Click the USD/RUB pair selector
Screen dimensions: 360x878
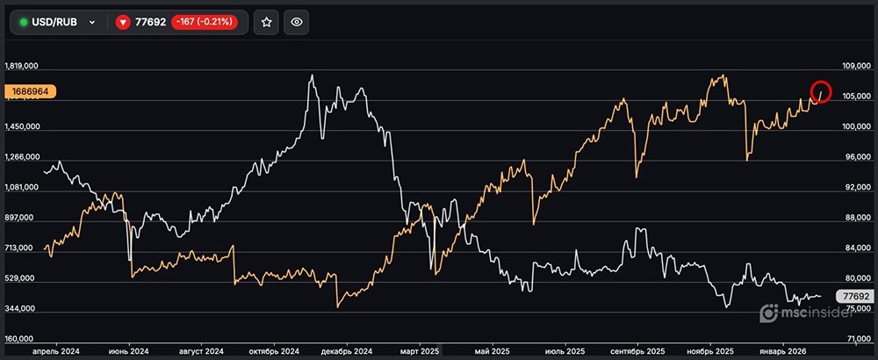(x=58, y=22)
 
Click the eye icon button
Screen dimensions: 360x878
(x=297, y=22)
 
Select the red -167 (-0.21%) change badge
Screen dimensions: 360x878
(x=203, y=22)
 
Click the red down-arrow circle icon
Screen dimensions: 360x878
(x=123, y=22)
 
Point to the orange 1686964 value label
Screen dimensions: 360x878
(x=30, y=90)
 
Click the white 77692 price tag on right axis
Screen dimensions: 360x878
(x=853, y=297)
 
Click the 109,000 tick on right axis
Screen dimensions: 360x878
(x=853, y=66)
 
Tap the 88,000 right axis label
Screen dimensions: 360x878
(x=853, y=218)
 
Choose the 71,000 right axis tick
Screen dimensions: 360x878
(x=853, y=339)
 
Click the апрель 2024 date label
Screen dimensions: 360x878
(x=56, y=351)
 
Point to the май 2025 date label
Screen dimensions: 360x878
(x=495, y=351)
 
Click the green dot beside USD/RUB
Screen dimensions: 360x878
(x=24, y=22)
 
